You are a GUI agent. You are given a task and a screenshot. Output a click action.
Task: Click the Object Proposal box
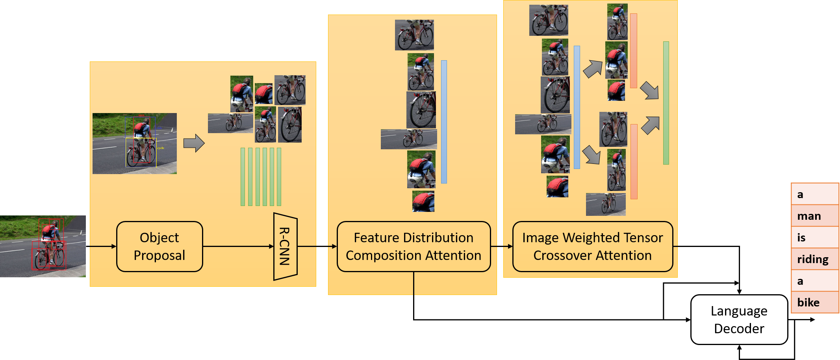coord(159,247)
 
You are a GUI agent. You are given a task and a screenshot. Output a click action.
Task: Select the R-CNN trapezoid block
coord(285,247)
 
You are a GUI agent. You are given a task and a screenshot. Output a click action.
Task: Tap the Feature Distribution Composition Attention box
coord(414,247)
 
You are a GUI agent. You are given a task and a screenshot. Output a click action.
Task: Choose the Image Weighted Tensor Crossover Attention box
coord(592,247)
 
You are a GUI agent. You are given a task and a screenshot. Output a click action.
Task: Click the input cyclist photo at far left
coord(43,246)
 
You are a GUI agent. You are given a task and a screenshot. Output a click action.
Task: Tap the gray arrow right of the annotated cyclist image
coord(194,143)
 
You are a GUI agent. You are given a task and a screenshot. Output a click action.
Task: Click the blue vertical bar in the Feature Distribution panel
coord(444,122)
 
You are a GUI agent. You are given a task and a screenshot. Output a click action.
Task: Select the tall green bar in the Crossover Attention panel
coord(666,103)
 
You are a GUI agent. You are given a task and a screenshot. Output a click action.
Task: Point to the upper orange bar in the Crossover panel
coord(634,51)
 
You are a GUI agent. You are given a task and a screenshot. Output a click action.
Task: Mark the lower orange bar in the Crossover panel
coord(634,161)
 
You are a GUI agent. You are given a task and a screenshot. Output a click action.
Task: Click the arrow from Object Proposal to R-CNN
coord(238,247)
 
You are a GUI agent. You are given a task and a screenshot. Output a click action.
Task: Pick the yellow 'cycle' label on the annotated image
coord(161,148)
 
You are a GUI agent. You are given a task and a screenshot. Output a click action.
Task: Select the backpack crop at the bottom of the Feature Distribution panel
coord(423,201)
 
